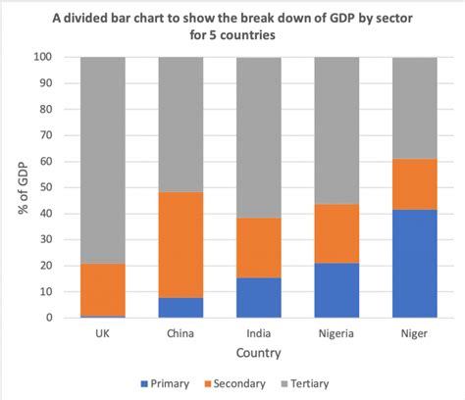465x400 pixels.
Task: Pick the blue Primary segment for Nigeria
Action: [336, 290]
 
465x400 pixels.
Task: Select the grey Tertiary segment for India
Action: [258, 137]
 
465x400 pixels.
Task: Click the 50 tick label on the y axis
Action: [44, 188]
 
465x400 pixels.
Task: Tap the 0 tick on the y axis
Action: [48, 318]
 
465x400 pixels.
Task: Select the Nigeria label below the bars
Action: [336, 331]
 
